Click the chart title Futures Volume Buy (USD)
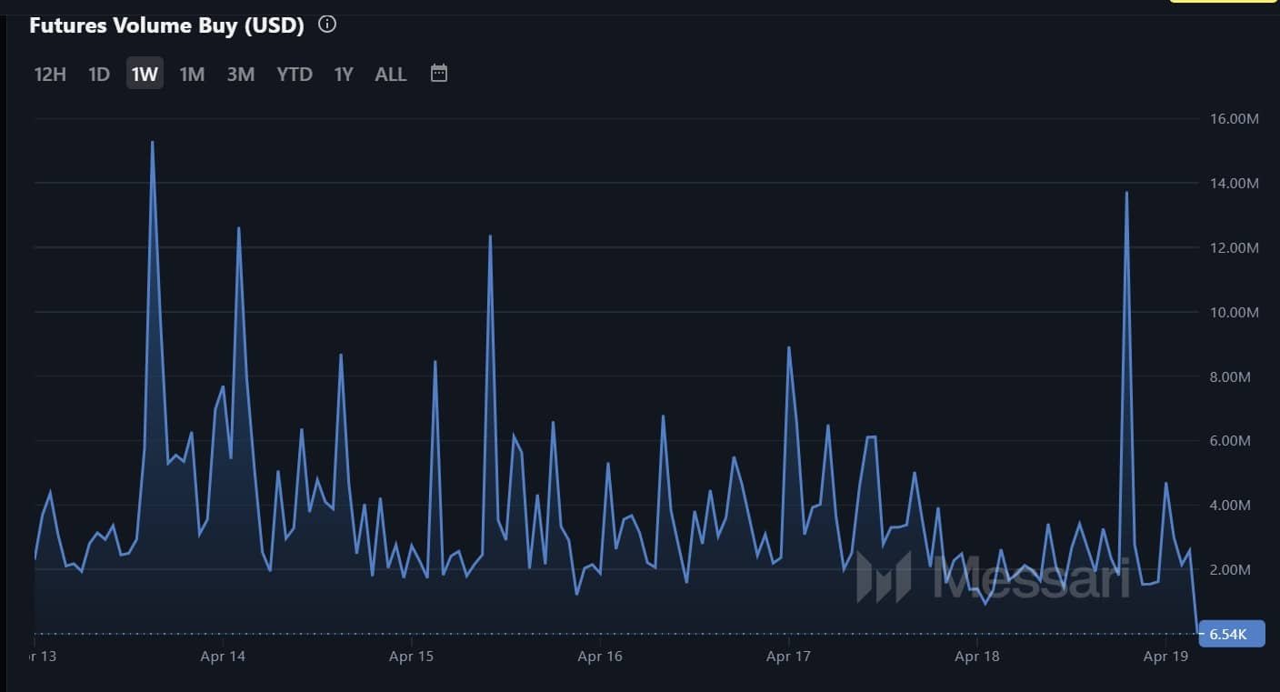point(166,25)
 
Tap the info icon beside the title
point(327,25)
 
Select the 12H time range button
point(50,74)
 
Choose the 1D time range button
point(99,74)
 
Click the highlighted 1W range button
point(145,74)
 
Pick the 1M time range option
point(192,74)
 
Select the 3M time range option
point(241,74)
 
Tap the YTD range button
point(295,74)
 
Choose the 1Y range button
point(343,74)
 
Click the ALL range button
point(391,74)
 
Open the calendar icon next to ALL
point(439,73)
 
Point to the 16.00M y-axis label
point(1234,119)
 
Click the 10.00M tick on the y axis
point(1234,313)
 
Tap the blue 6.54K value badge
point(1232,634)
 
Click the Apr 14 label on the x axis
point(224,656)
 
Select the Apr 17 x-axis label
point(789,656)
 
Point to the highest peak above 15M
point(152,143)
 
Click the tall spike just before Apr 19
point(1126,193)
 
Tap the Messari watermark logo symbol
point(884,577)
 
